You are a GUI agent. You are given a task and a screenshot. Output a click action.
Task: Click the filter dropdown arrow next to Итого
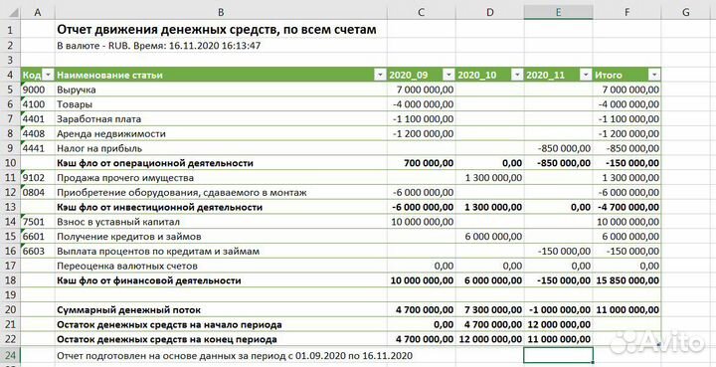[653, 76]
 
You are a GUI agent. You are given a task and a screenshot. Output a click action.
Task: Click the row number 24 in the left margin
[10, 355]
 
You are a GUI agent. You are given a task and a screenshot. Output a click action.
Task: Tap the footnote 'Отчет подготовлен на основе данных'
[233, 355]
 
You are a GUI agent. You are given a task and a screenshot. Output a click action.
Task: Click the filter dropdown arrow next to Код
[47, 76]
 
